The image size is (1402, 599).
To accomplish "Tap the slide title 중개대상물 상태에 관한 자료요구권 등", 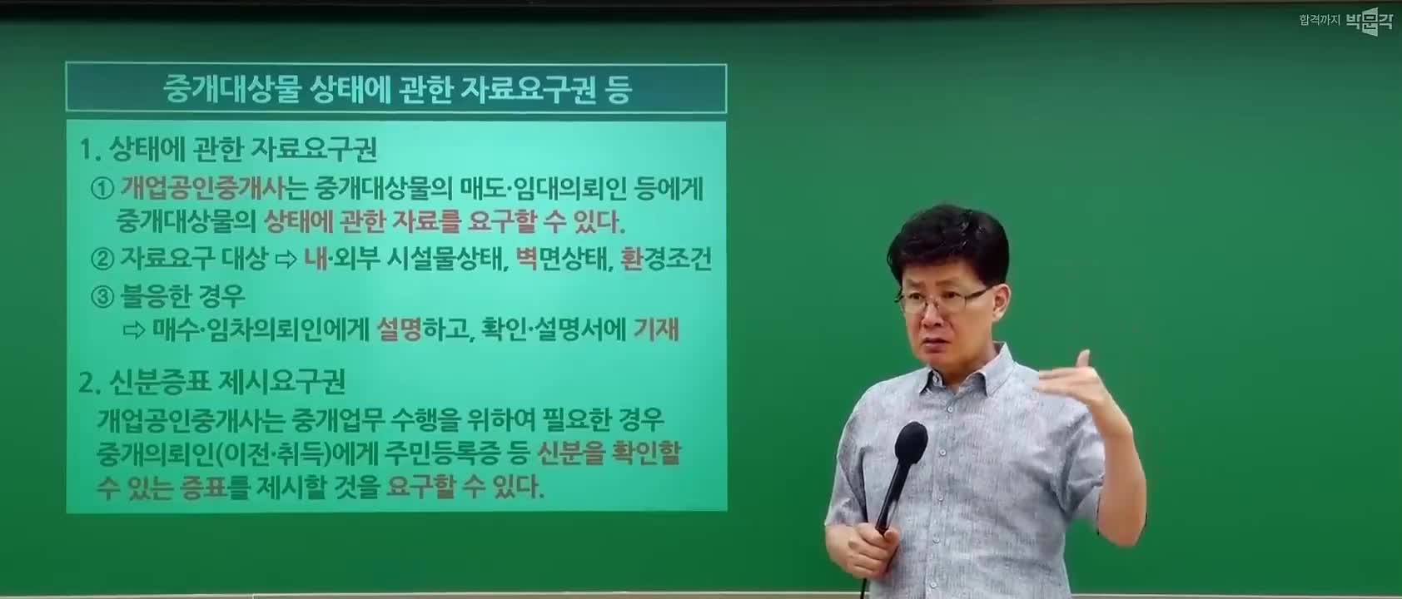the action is tap(397, 90).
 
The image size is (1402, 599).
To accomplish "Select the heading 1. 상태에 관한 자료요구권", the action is tap(228, 150).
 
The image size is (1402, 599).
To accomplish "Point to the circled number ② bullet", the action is tap(102, 258).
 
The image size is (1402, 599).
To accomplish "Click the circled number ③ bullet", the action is tap(102, 295).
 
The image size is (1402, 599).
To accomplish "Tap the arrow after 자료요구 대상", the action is tap(286, 258).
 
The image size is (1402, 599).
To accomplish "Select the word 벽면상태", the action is tap(561, 258).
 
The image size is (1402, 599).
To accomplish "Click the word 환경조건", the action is tap(666, 258).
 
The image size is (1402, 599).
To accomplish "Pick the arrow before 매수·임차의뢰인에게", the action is tap(133, 330).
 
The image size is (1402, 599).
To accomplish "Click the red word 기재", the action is tap(655, 329).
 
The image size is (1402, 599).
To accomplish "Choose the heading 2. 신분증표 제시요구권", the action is tap(211, 382).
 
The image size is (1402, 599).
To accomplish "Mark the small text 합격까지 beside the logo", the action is tap(1320, 20).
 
